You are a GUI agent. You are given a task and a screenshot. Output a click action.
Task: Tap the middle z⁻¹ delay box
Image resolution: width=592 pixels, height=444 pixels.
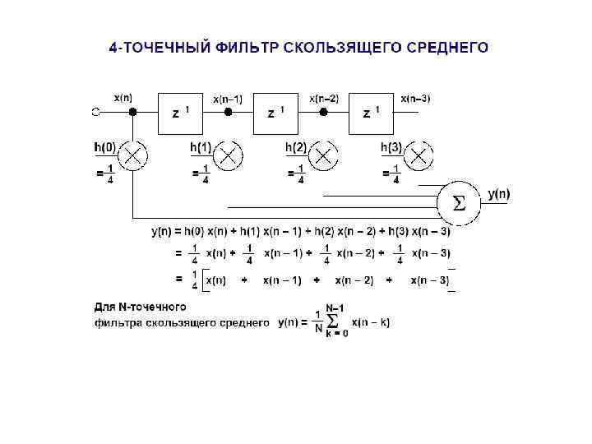tap(276, 112)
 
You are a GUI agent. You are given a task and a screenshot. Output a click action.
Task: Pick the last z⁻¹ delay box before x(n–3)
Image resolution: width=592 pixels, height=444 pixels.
tap(372, 112)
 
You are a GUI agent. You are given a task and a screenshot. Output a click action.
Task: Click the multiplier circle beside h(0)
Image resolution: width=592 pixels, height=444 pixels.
tap(133, 155)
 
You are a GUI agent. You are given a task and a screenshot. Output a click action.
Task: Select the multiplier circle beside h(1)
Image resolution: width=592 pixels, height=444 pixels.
tap(229, 155)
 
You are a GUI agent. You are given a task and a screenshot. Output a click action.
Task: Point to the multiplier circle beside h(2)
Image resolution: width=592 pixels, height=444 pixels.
tap(324, 155)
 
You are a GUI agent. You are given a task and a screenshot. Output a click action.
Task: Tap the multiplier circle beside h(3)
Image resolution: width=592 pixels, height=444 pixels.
tap(419, 155)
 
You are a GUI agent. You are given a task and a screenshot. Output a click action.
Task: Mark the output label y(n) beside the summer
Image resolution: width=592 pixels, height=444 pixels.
tap(498, 194)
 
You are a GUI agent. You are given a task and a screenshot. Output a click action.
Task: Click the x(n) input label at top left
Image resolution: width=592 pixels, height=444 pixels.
tap(123, 97)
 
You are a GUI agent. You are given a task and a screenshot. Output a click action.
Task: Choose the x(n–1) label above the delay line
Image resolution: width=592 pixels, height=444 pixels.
tap(228, 98)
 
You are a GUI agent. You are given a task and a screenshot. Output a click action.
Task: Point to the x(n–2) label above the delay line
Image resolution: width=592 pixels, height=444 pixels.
tap(323, 98)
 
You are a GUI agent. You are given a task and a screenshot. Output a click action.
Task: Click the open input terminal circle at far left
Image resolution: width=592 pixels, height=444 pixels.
tap(96, 112)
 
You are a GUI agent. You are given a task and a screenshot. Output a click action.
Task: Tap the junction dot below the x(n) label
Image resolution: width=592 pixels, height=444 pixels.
tap(133, 112)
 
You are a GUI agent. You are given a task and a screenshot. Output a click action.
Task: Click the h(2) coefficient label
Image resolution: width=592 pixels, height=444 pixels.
tap(296, 147)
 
